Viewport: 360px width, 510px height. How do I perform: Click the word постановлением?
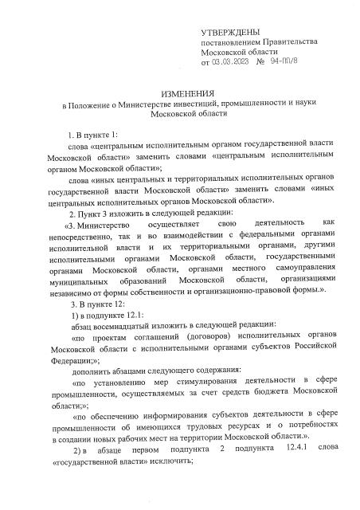coord(230,40)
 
